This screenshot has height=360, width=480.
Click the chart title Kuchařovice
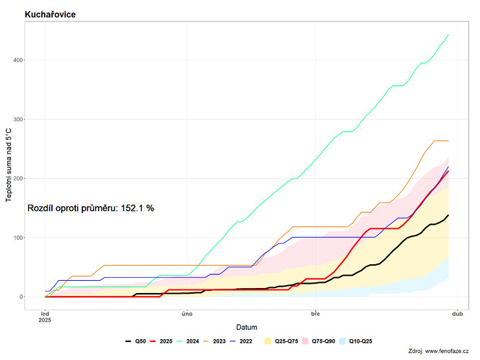click(x=50, y=14)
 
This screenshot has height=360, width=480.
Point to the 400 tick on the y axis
click(x=18, y=60)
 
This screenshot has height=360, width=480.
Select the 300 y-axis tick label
click(x=18, y=120)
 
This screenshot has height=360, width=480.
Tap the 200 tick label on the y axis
click(x=18, y=179)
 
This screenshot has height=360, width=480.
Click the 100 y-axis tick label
click(x=18, y=238)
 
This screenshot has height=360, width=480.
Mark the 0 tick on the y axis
click(x=22, y=297)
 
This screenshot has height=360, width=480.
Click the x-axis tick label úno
click(x=187, y=314)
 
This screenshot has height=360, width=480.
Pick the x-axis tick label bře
click(x=316, y=314)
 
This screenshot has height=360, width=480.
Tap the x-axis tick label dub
click(x=458, y=314)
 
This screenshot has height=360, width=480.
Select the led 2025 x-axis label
click(x=45, y=317)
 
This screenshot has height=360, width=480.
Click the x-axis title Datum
click(x=246, y=328)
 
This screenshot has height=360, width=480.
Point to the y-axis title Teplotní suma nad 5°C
click(x=9, y=165)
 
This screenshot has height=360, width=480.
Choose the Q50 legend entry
click(x=135, y=341)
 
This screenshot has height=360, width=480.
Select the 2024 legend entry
click(x=188, y=341)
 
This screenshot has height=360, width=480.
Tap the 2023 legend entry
click(x=215, y=341)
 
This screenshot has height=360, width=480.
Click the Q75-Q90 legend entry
click(x=319, y=341)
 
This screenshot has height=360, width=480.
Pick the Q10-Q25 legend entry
click(x=356, y=341)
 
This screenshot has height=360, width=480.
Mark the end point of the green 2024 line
click(x=448, y=35)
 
